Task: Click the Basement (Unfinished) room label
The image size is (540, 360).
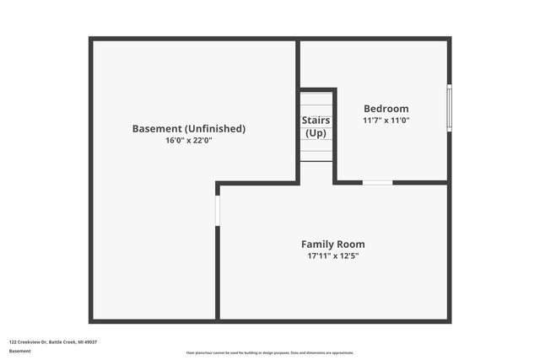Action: (189, 129)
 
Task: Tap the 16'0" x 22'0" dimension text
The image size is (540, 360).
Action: (189, 141)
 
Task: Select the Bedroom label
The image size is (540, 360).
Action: (386, 109)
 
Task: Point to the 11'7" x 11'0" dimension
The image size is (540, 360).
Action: (386, 121)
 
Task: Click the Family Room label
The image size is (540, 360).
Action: (333, 244)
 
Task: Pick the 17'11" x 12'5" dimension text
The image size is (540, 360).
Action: (333, 256)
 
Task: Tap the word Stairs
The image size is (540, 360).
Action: (316, 121)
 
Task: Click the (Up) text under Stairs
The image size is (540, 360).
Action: (316, 133)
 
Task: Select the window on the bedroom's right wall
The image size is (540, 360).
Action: (449, 107)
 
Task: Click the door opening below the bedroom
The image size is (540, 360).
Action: (377, 182)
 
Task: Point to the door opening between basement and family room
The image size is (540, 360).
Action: (217, 210)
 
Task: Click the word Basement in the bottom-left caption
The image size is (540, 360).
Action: (19, 351)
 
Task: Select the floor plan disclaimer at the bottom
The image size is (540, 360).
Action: (270, 352)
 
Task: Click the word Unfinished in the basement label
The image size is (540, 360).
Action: (217, 129)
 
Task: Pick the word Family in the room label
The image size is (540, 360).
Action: (319, 244)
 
